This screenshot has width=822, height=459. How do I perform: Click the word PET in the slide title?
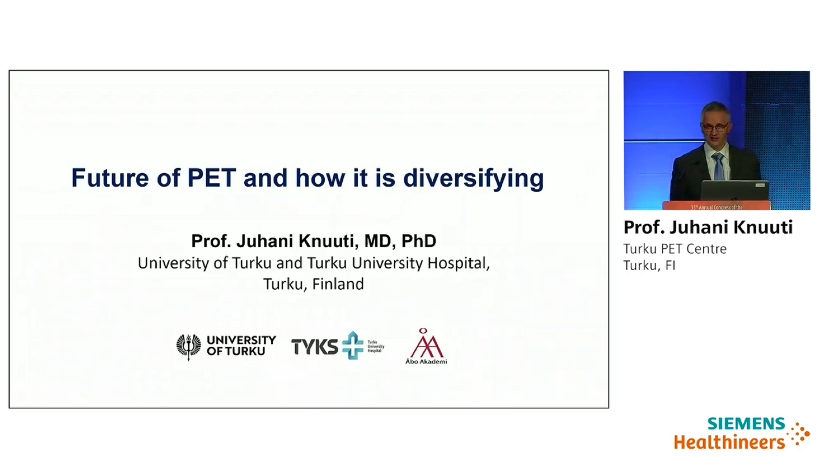[211, 178]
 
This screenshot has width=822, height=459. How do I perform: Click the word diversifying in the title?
[473, 179]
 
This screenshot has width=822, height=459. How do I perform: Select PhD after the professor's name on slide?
[419, 241]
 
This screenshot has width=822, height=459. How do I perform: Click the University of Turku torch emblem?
[188, 346]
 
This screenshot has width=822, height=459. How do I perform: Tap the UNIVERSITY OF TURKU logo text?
[241, 346]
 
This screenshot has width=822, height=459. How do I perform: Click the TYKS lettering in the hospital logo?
[315, 346]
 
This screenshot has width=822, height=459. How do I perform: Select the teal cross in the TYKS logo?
[353, 345]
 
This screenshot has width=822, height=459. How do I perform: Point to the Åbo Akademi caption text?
[426, 361]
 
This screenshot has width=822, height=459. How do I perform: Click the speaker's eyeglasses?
[716, 127]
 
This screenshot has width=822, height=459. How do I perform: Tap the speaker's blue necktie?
[718, 167]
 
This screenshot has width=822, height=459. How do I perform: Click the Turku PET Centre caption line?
[675, 249]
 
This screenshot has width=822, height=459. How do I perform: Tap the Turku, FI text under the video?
[649, 265]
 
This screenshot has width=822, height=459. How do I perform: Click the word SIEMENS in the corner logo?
[746, 423]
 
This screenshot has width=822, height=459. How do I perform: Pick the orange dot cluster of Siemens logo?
[799, 434]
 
